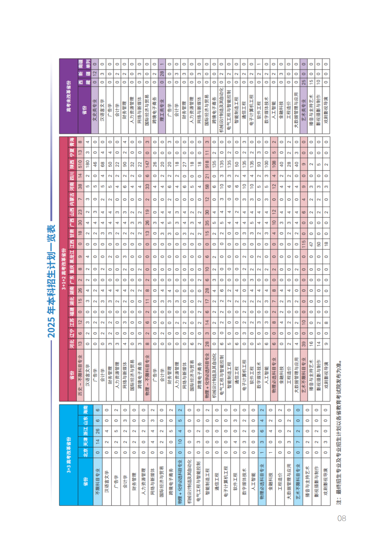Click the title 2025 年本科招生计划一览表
tap(52, 281)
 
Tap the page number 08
tap(341, 518)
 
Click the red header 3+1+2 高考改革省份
tap(64, 270)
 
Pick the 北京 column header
tap(85, 452)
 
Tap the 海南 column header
tap(85, 410)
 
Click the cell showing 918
tap(207, 164)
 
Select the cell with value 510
tap(80, 164)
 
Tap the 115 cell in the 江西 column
tap(303, 244)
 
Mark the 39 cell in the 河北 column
tap(303, 344)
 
